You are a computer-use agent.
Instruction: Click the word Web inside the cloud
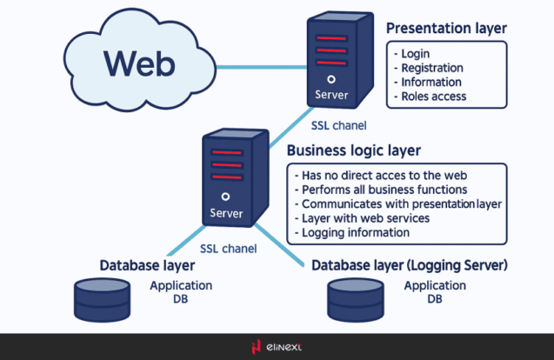click(139, 63)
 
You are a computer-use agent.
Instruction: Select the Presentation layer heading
click(446, 29)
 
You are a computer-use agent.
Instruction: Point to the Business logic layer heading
click(353, 150)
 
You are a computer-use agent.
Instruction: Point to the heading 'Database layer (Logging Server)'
click(409, 264)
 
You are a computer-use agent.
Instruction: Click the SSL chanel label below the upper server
click(338, 125)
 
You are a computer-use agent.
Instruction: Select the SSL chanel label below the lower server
click(228, 248)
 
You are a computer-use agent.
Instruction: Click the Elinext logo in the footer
click(276, 348)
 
